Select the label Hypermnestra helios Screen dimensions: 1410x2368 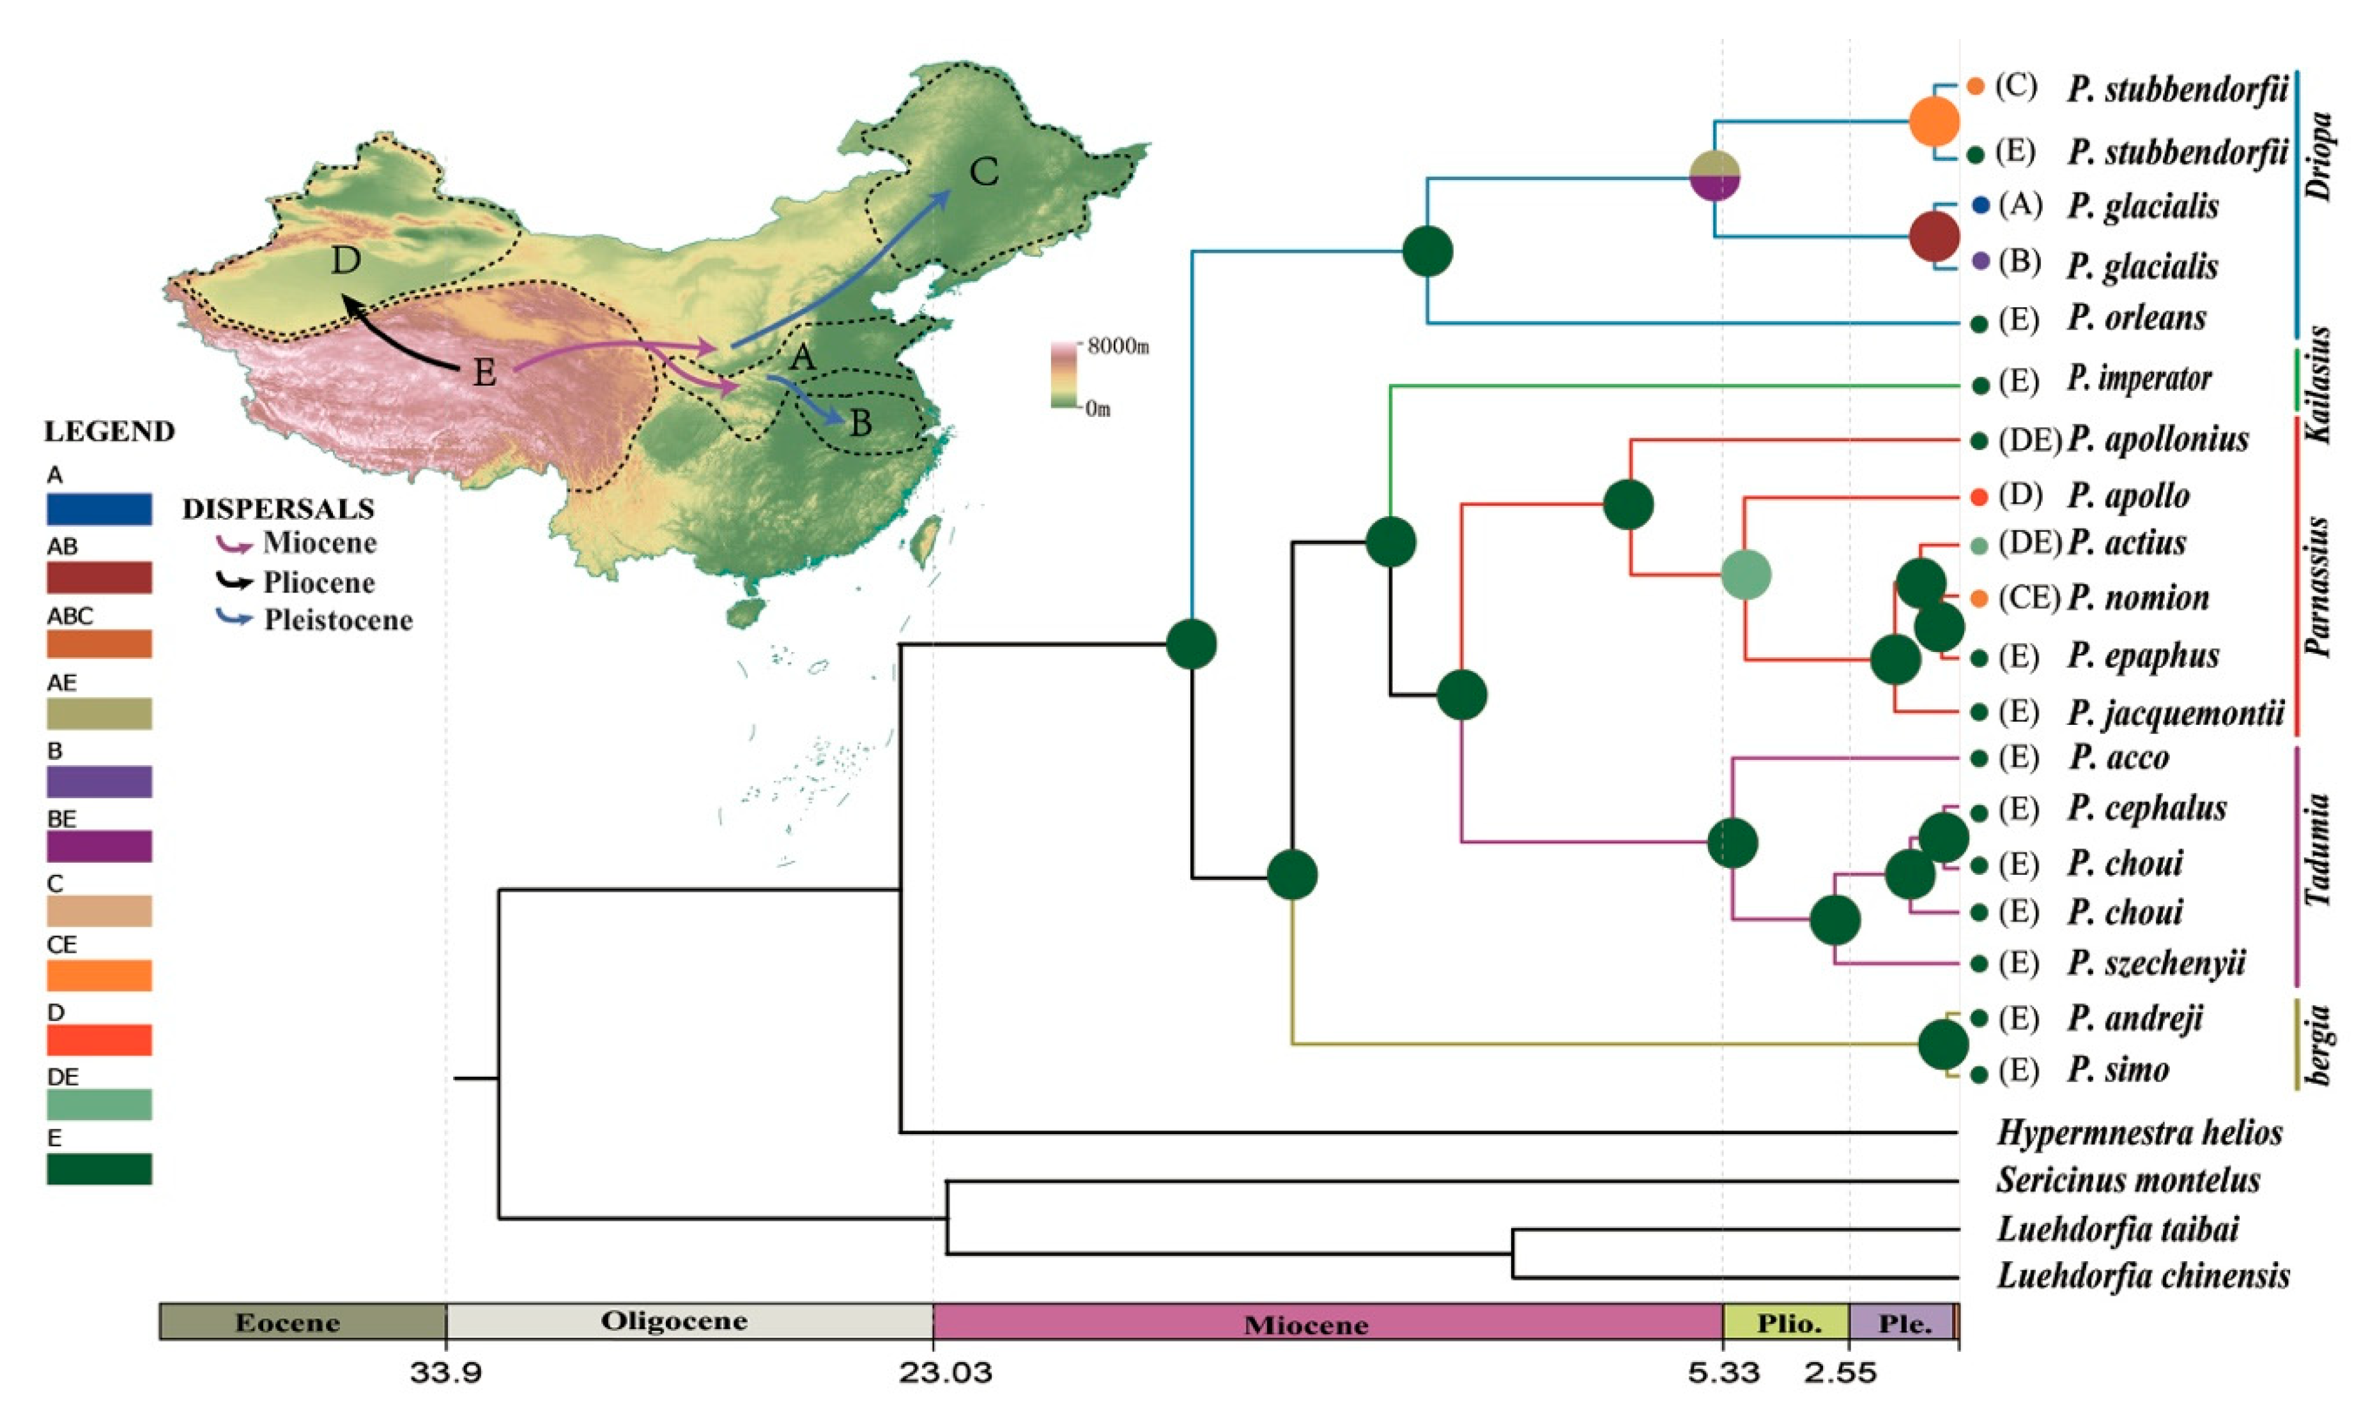coord(2139,1133)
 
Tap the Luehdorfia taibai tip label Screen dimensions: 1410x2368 coord(2117,1229)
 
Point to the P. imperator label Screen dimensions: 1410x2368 coord(2138,379)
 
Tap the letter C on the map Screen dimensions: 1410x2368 coord(984,172)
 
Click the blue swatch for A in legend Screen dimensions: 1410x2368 coord(99,509)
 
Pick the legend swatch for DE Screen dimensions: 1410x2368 coord(99,1104)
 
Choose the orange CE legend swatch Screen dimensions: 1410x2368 coord(99,976)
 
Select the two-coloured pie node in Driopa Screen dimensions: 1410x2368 coord(1715,176)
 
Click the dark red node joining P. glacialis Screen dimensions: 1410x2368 coord(1935,236)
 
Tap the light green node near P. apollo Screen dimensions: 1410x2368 coord(1746,575)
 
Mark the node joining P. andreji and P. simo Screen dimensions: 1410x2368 coord(1943,1044)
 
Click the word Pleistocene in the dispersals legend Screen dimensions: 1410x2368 coord(339,621)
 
